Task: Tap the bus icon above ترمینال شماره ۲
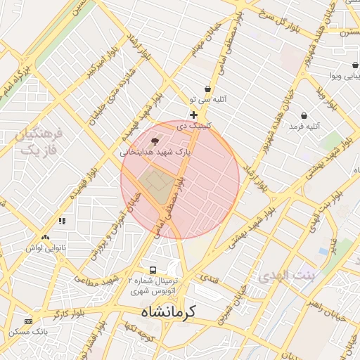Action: (x=153, y=270)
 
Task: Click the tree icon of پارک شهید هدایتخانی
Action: (x=155, y=141)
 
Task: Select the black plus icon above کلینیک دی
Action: (x=193, y=115)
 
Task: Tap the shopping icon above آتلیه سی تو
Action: (x=208, y=89)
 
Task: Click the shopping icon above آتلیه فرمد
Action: (x=304, y=115)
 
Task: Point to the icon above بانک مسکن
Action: (x=28, y=321)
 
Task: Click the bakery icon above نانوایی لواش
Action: (x=46, y=238)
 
